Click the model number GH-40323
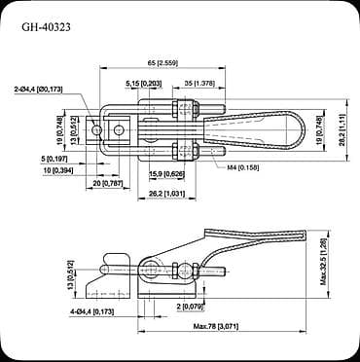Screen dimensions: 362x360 (48, 27)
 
